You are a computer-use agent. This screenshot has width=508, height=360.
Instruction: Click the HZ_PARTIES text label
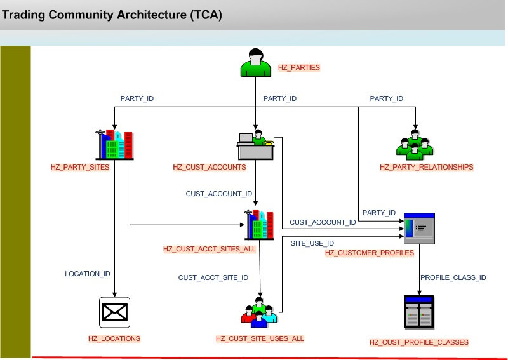(298, 66)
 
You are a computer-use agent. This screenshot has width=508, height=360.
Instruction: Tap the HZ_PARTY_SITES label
(80, 167)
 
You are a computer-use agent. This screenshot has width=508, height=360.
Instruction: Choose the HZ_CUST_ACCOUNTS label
(210, 167)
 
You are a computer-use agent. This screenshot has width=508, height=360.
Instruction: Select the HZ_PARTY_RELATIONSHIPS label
(426, 167)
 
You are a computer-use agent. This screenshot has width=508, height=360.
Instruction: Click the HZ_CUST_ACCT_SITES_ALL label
(209, 249)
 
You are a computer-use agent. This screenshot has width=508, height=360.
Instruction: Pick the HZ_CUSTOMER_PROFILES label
(369, 253)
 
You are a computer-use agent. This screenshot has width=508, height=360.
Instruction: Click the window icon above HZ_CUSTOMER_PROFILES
(419, 229)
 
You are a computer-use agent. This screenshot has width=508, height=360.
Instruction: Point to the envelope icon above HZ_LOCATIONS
(114, 311)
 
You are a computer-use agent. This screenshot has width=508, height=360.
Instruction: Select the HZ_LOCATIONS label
(114, 338)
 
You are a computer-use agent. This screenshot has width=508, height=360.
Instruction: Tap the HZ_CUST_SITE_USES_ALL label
(260, 338)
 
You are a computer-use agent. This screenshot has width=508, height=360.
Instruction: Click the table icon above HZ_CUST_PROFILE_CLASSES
(419, 312)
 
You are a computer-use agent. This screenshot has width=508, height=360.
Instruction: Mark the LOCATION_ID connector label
(88, 274)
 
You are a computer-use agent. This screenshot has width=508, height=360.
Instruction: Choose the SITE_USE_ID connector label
(312, 243)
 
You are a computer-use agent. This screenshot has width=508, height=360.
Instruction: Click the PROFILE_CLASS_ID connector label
(453, 277)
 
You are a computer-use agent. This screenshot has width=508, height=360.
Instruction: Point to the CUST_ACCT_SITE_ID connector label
(213, 277)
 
